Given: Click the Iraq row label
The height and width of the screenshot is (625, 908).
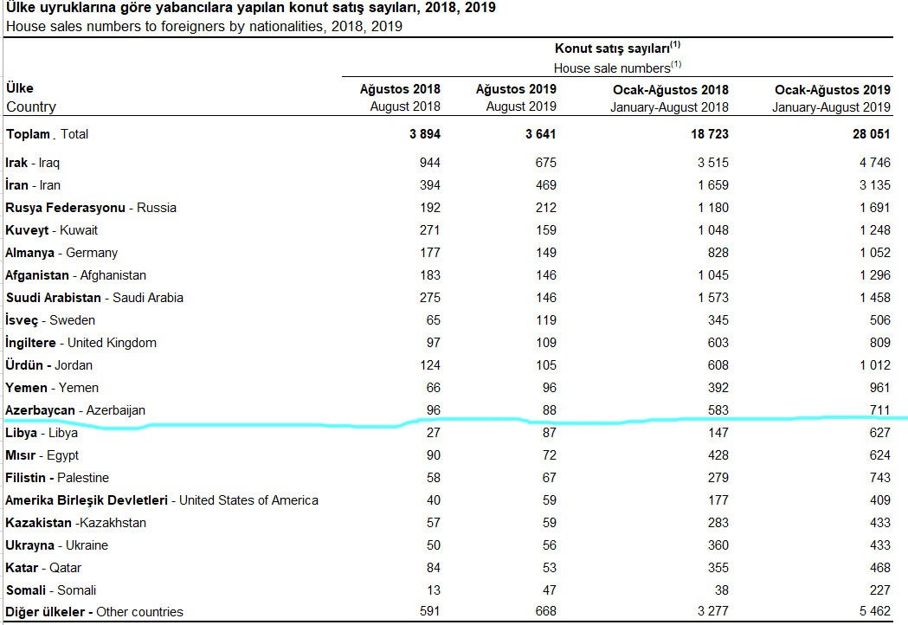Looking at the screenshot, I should click(x=33, y=163).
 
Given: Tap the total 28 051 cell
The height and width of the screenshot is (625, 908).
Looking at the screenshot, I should click(x=870, y=134).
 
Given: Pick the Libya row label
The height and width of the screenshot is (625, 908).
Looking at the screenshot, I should click(x=42, y=433).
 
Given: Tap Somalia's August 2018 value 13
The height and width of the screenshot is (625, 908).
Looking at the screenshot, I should click(x=433, y=590).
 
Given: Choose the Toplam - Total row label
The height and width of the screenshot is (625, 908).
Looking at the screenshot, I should click(x=47, y=134).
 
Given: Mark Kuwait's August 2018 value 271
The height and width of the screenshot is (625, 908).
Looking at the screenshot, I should click(x=428, y=230).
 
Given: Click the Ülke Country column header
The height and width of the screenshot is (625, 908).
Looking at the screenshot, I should click(x=30, y=98).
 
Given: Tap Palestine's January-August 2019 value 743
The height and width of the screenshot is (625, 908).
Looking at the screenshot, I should click(x=879, y=478).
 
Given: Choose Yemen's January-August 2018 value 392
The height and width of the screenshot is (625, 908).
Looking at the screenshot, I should click(x=717, y=388).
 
